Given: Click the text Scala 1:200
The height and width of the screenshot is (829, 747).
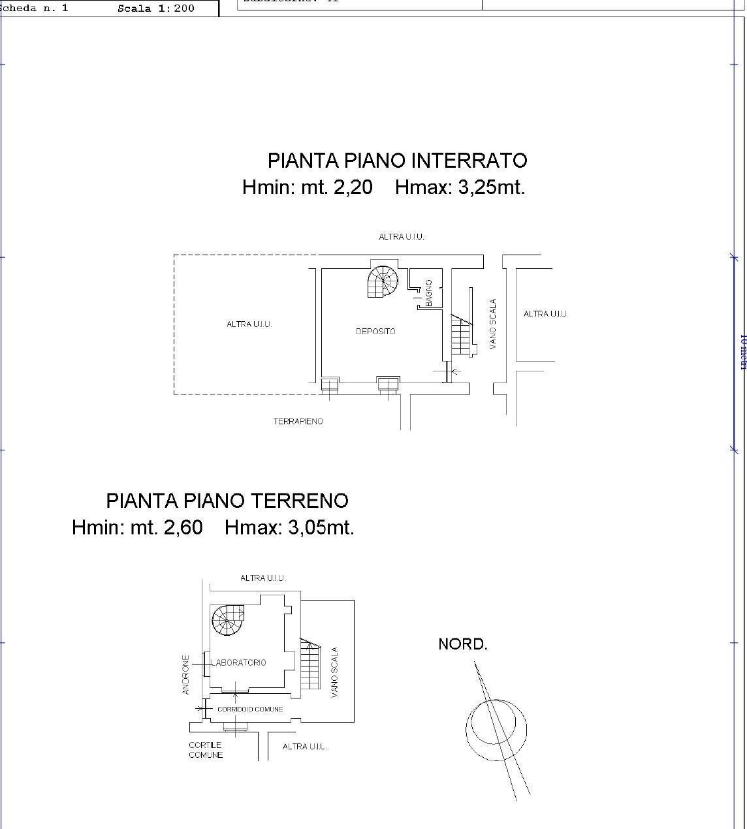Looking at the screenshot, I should [155, 8].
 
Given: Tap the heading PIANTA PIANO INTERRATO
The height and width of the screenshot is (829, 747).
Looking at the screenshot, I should [397, 161].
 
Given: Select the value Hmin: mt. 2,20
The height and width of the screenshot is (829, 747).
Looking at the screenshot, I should [307, 187].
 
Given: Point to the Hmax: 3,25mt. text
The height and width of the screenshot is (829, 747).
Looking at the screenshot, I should [460, 187].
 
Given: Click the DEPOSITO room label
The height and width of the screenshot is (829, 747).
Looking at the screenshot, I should [375, 332].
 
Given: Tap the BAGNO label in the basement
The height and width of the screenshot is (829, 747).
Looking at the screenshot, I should [429, 293].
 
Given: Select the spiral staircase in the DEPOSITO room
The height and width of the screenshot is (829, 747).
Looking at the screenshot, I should [383, 282].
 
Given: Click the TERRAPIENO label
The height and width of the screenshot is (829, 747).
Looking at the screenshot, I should [298, 422].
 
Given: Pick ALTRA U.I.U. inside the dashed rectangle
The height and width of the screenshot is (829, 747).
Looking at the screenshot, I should [249, 324].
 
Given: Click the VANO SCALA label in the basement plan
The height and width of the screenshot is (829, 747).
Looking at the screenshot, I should [493, 324].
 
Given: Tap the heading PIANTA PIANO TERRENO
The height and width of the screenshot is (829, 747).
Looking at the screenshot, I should [227, 501].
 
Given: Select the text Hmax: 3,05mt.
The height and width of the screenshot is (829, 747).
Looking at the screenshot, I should [289, 527].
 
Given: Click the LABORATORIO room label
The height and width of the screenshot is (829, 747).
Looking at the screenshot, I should [238, 663].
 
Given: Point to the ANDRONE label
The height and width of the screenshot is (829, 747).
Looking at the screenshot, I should [186, 674].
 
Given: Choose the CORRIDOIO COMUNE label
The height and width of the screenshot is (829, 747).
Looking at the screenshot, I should [250, 709].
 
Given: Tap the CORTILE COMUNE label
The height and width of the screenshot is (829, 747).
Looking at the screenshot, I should [206, 750].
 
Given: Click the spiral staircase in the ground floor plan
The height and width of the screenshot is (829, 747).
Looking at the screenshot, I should [228, 621].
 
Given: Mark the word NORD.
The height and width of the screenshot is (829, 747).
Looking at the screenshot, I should [462, 644].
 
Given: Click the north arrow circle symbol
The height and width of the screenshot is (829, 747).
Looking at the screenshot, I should [496, 729].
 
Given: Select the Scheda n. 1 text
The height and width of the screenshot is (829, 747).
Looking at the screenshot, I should [36, 8].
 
